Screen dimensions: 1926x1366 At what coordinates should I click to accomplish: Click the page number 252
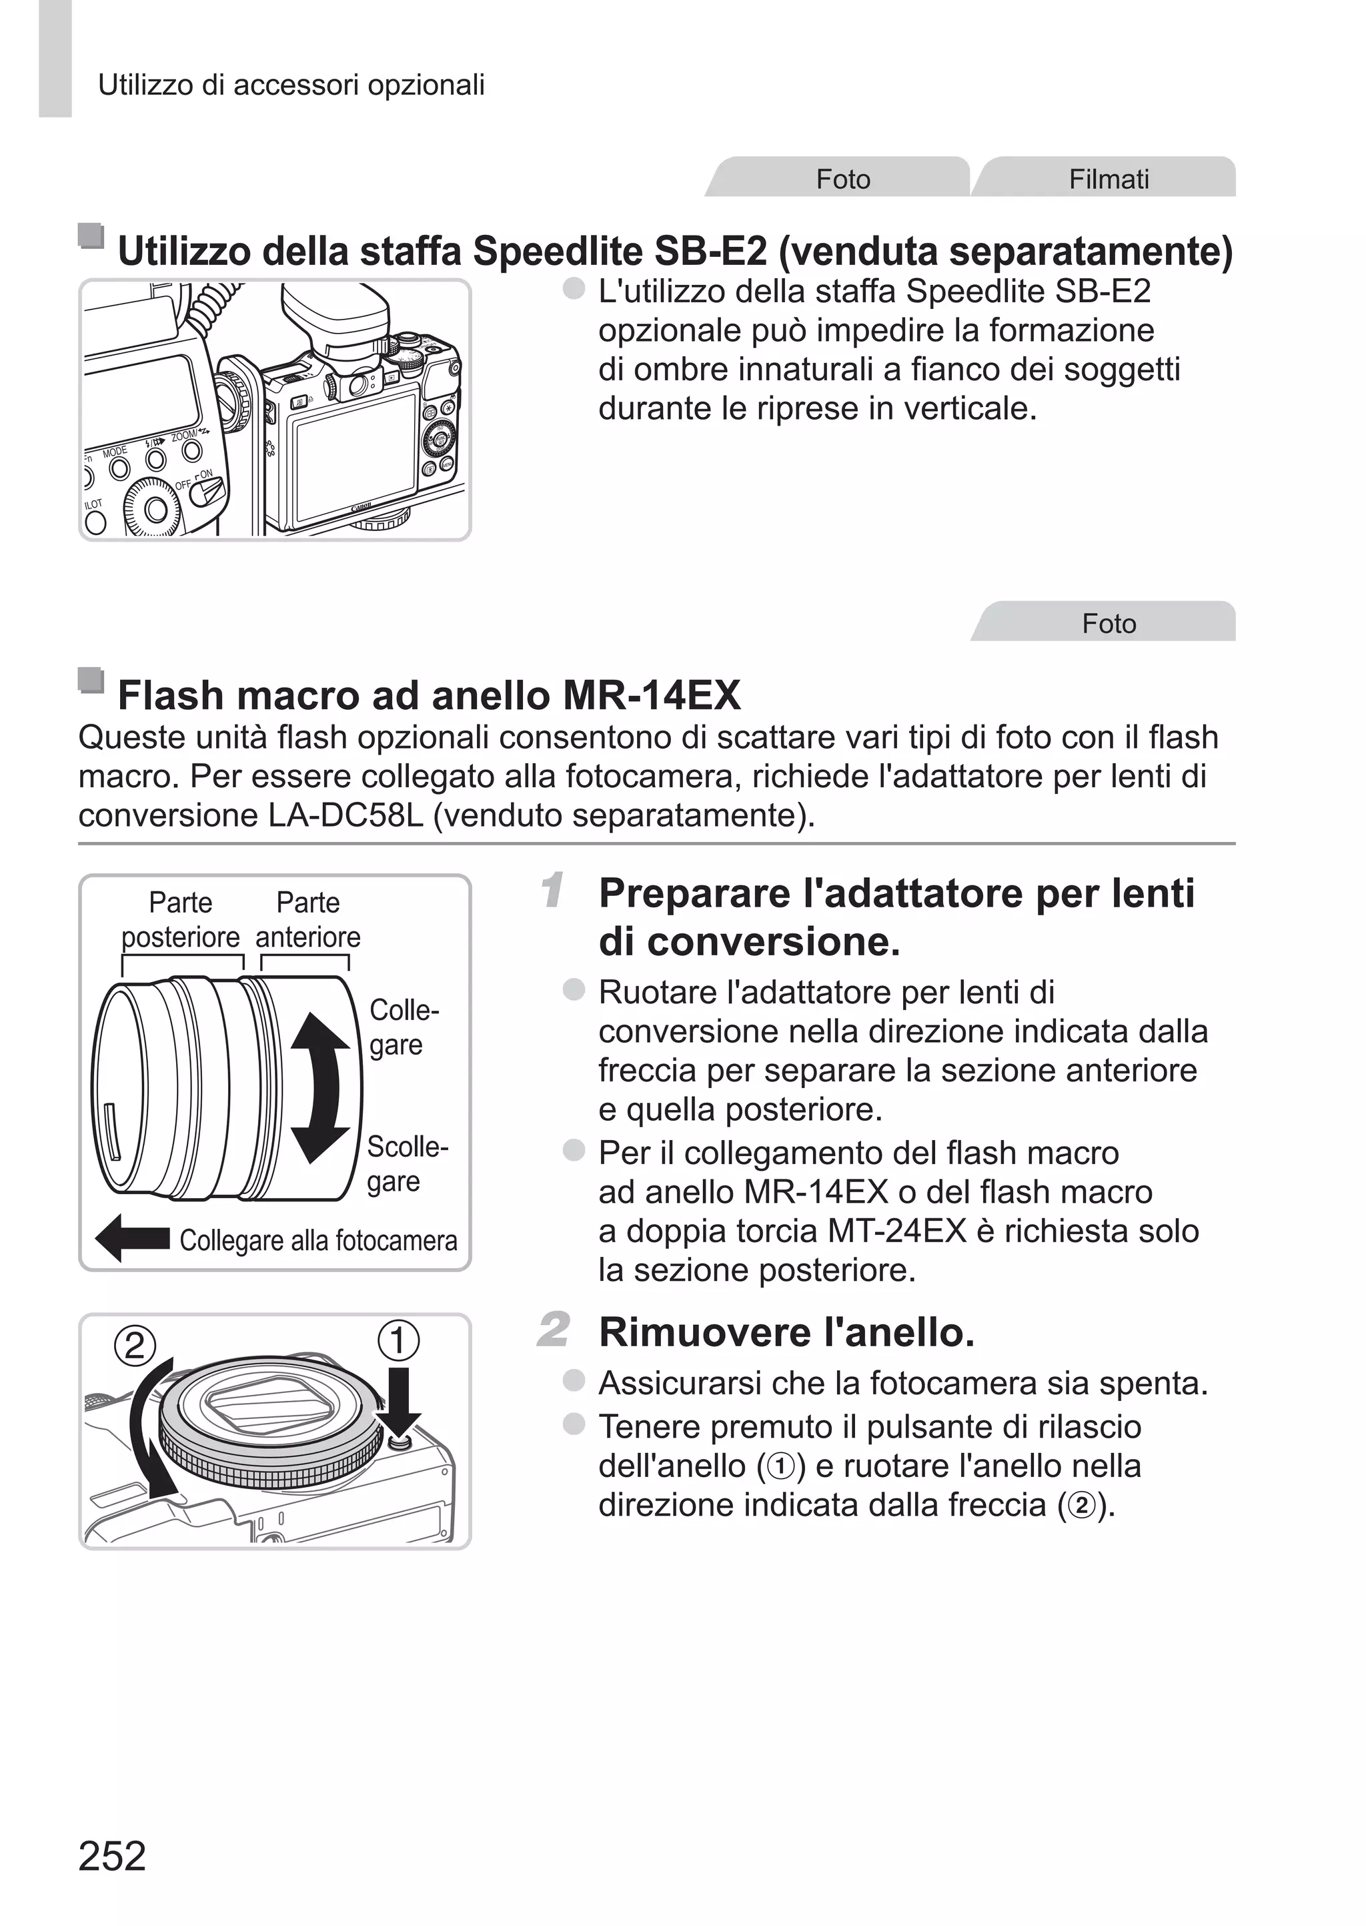tap(112, 1856)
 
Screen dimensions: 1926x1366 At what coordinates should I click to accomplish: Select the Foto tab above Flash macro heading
tap(1108, 623)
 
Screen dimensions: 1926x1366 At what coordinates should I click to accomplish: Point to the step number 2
tap(553, 1330)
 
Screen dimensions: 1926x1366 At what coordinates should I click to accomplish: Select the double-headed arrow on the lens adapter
tap(319, 1087)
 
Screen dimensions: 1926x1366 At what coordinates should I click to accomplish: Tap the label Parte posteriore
tap(181, 919)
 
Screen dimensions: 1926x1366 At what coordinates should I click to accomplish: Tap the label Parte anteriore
tap(308, 919)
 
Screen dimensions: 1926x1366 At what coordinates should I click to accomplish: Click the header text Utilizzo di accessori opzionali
tap(291, 85)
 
